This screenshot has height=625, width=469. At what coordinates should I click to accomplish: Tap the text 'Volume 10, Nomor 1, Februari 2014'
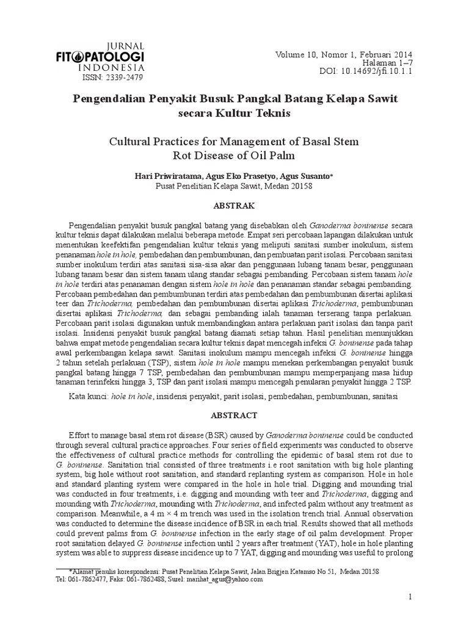pyautogui.click(x=344, y=52)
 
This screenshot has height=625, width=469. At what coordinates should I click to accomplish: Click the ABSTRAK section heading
pyautogui.click(x=234, y=206)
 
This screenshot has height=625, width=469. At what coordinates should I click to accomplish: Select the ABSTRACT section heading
pyautogui.click(x=234, y=415)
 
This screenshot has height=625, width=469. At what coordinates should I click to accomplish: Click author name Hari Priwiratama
pyautogui.click(x=167, y=176)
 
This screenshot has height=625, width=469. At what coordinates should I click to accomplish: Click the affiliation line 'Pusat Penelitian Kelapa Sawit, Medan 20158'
pyautogui.click(x=234, y=186)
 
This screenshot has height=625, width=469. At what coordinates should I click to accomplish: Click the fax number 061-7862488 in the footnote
pyautogui.click(x=145, y=580)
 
